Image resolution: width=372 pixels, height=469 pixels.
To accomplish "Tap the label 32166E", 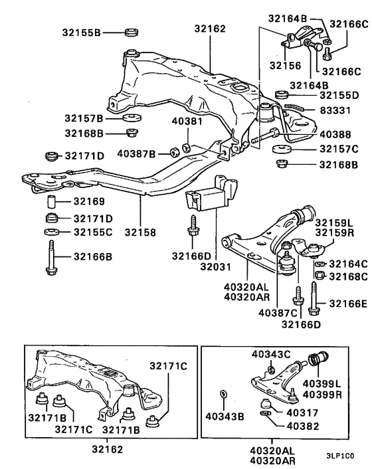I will [346, 304].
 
